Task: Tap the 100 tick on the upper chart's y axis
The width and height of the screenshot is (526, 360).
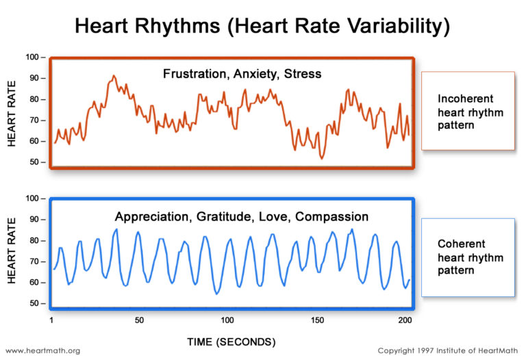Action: coord(36,57)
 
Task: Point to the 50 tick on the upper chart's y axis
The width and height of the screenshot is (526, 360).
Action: coord(38,162)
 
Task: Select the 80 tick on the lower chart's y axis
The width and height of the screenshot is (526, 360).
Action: coord(38,240)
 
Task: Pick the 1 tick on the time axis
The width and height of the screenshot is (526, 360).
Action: coord(52,320)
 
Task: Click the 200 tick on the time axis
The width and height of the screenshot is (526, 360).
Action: coord(404,320)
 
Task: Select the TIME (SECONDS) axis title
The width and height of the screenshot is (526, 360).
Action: coord(232,341)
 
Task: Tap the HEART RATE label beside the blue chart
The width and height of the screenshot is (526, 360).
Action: coord(12,251)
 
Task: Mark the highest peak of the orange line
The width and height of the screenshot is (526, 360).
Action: coord(114,76)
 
